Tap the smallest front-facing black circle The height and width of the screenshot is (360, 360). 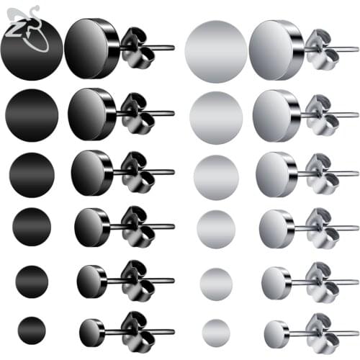coord(32,330)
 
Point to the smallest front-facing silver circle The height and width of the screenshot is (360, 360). coord(216,330)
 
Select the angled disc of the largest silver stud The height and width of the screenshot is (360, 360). coord(274,49)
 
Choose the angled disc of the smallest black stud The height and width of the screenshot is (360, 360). coord(91,330)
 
